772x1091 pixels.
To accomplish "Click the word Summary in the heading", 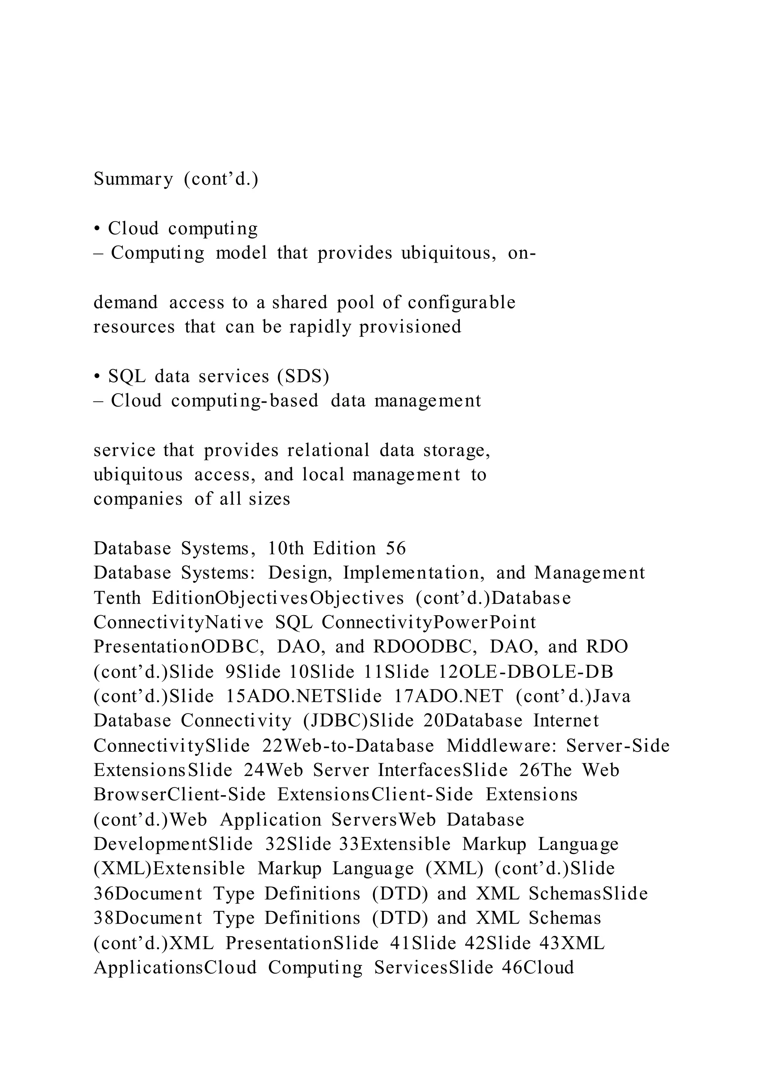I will [133, 179].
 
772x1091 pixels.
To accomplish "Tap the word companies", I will [138, 500].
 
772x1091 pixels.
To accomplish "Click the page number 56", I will [396, 549].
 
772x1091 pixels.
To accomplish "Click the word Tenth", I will [117, 598].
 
